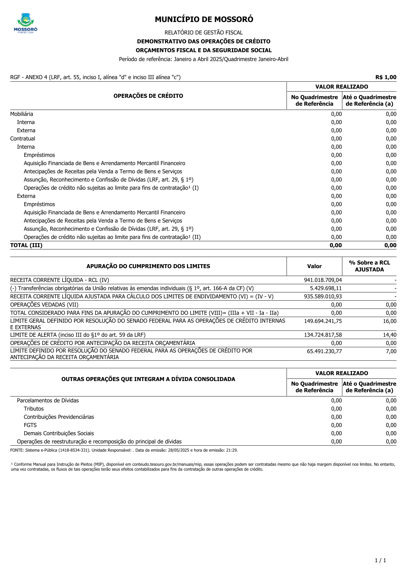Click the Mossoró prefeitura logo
[26, 23]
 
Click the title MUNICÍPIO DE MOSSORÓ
[204, 19]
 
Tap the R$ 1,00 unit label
[386, 77]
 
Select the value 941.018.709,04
[323, 280]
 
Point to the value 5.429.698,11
[326, 288]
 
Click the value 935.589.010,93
[323, 296]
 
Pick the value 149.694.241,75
[323, 321]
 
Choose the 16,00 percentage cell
[390, 321]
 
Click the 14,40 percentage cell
[390, 335]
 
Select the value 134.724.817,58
[323, 335]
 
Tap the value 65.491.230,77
[324, 351]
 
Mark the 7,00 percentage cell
[391, 351]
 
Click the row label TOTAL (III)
[26, 245]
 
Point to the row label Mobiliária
[22, 114]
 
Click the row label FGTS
[30, 425]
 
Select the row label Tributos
[33, 409]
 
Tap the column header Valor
[314, 266]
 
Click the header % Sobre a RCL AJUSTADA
[369, 266]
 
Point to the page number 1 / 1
[380, 560]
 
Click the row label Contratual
[23, 139]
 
